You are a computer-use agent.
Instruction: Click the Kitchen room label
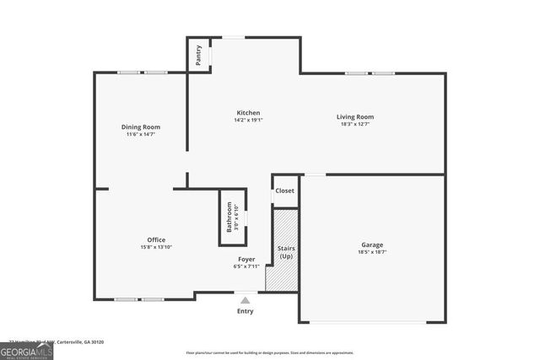(x=248, y=112)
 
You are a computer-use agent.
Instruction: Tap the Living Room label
(x=355, y=116)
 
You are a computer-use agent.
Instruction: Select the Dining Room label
(x=141, y=126)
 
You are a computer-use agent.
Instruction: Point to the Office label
(x=156, y=239)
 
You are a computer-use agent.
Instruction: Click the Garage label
(x=372, y=244)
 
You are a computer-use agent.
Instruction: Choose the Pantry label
(x=198, y=56)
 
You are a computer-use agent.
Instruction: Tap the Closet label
(x=285, y=191)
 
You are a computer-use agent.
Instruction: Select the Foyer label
(x=246, y=259)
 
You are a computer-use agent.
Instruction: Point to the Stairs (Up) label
(x=285, y=252)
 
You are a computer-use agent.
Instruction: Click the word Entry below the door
(x=246, y=311)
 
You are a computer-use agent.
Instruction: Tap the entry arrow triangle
(x=246, y=299)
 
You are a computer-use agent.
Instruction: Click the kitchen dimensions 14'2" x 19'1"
(x=248, y=120)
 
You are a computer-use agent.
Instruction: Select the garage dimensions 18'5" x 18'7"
(x=372, y=252)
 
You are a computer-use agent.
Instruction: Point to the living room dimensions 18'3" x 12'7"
(x=355, y=125)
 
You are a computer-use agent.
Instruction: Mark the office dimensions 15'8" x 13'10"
(x=156, y=247)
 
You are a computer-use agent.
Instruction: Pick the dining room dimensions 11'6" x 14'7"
(x=141, y=134)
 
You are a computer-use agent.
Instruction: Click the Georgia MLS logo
(x=26, y=350)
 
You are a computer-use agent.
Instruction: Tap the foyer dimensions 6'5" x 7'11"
(x=246, y=266)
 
